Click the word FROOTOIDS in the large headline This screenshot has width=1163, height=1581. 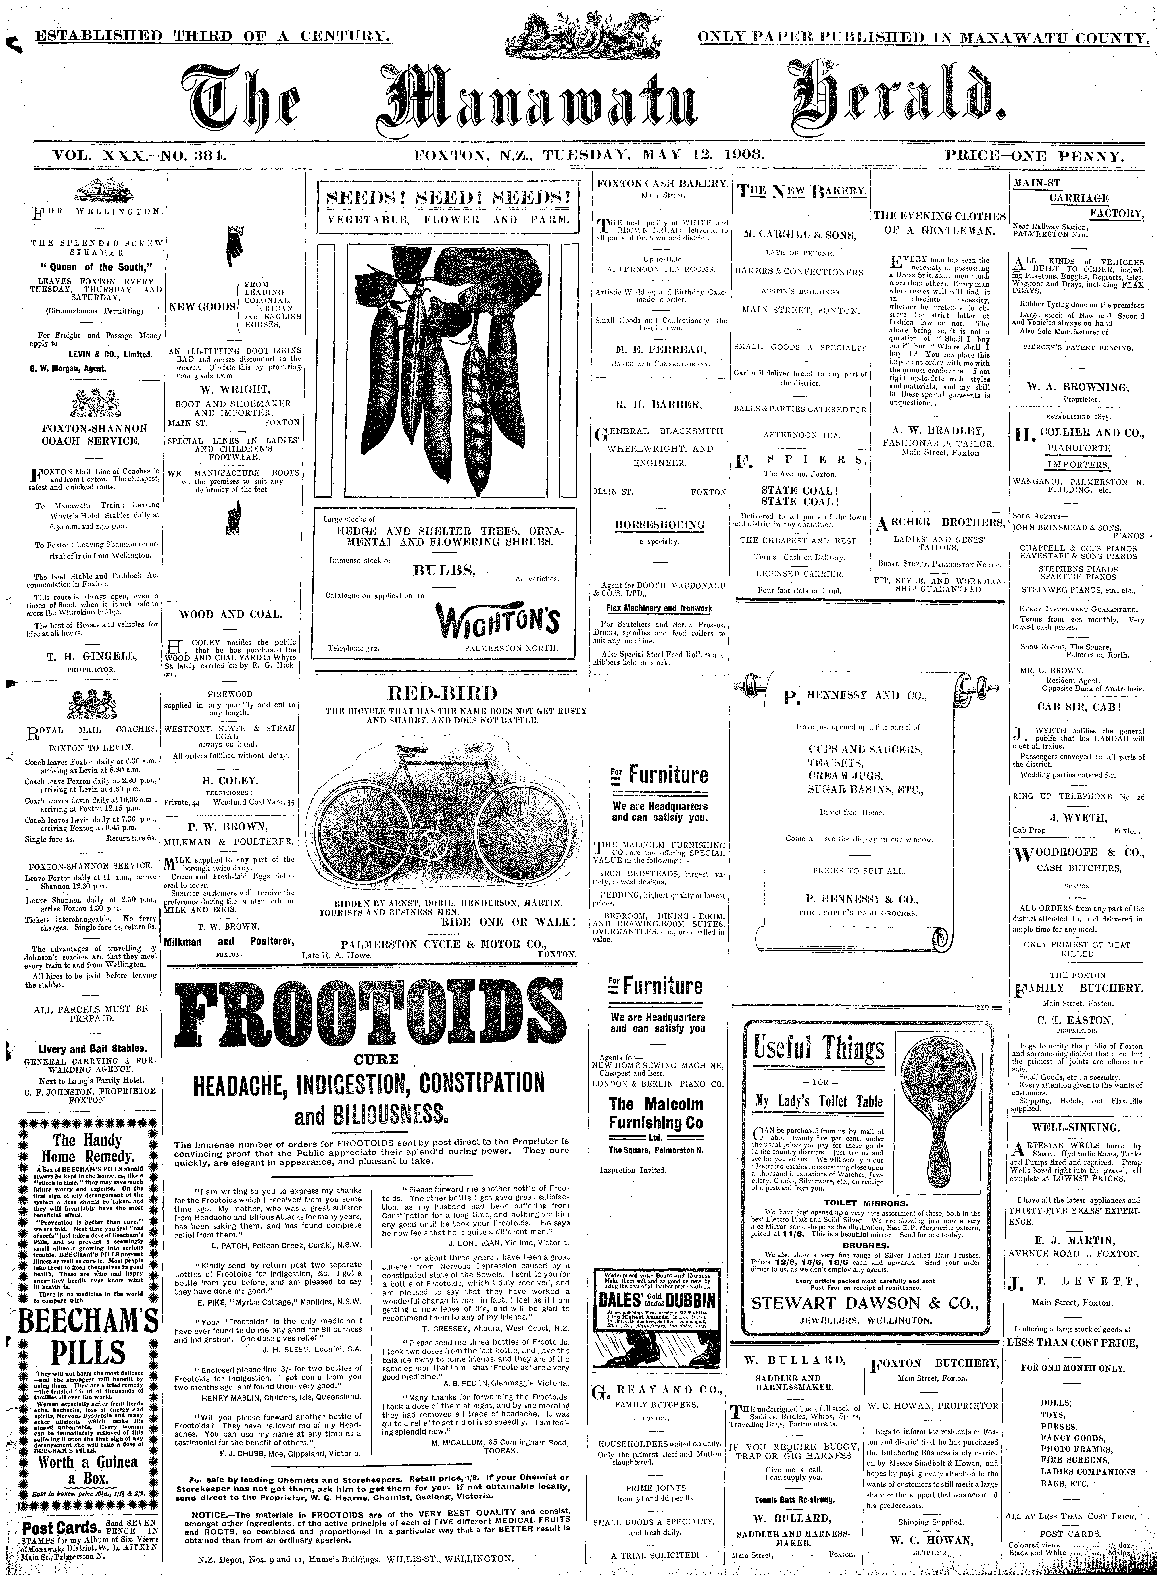point(360,1012)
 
